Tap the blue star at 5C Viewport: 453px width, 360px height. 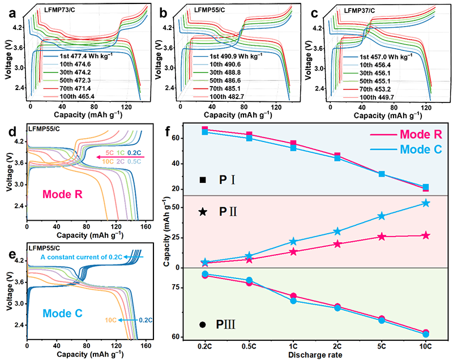click(382, 216)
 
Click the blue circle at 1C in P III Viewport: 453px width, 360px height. click(293, 301)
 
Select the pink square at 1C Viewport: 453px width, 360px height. click(293, 144)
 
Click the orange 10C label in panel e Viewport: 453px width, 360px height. click(112, 320)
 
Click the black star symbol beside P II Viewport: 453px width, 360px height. click(202, 212)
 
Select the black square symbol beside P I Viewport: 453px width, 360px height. click(203, 180)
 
